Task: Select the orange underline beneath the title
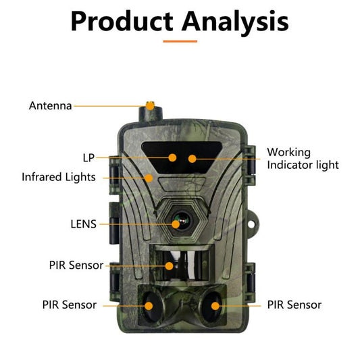click(x=180, y=41)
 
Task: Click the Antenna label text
click(x=51, y=106)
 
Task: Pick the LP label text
click(x=88, y=157)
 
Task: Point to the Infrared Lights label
click(x=58, y=178)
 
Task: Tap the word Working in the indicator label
click(x=289, y=152)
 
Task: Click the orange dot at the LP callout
click(x=173, y=157)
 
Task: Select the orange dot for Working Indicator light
click(x=192, y=159)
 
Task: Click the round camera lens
click(x=180, y=223)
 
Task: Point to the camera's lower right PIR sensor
click(x=215, y=305)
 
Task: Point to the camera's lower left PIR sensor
click(x=149, y=305)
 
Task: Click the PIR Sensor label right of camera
click(x=294, y=305)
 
